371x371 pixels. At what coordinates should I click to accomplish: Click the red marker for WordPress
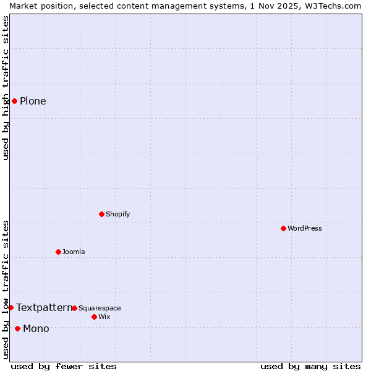click(x=283, y=228)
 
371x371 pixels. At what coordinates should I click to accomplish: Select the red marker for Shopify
click(x=101, y=214)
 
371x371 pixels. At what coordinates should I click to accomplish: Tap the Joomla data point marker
click(x=58, y=252)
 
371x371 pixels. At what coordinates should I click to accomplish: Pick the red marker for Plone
click(x=14, y=101)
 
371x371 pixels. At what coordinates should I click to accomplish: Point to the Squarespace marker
click(x=74, y=308)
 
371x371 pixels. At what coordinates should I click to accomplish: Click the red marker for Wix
click(x=94, y=317)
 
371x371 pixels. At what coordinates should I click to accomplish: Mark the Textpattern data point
click(x=11, y=307)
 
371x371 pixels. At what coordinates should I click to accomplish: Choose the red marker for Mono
click(x=17, y=328)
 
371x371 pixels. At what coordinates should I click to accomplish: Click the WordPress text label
click(x=305, y=228)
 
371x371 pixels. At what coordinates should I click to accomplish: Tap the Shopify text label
click(x=118, y=214)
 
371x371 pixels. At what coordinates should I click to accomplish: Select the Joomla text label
click(x=74, y=252)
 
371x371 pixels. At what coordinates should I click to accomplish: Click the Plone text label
click(x=33, y=101)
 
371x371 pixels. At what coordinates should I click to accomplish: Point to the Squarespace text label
click(x=100, y=308)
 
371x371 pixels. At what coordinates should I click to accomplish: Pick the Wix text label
click(x=104, y=317)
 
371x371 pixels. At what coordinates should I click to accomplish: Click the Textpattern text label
click(x=44, y=307)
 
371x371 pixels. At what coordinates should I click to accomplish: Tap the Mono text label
click(x=36, y=328)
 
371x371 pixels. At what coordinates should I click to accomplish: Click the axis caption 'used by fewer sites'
click(x=64, y=366)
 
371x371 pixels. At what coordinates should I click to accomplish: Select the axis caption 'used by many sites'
click(x=310, y=366)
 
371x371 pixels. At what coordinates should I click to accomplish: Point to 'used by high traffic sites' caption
click(x=6, y=88)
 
